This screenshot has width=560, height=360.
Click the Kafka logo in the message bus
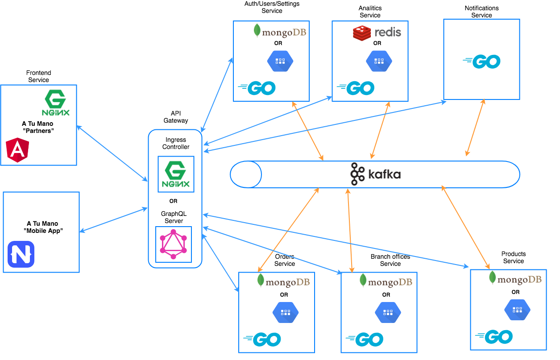click(375, 174)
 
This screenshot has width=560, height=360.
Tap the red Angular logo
click(18, 150)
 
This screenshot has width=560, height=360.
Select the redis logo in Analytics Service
click(377, 32)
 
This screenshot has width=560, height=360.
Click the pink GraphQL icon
click(173, 244)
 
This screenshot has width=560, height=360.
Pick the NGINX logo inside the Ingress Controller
click(176, 174)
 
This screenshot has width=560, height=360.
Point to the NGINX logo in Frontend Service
click(57, 103)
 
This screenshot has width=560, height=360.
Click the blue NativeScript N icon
click(21, 254)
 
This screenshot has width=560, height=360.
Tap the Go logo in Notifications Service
click(481, 62)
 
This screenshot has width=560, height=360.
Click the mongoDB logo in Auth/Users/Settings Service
click(280, 32)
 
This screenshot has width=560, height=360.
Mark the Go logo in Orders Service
click(262, 339)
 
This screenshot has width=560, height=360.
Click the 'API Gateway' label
click(176, 117)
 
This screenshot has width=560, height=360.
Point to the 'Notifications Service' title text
click(481, 12)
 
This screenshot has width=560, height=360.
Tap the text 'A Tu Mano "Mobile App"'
click(42, 227)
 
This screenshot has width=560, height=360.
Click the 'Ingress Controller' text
click(176, 143)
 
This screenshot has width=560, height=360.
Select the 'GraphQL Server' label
click(174, 217)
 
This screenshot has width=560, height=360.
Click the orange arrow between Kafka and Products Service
click(464, 226)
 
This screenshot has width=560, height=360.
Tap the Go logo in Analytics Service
click(356, 88)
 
